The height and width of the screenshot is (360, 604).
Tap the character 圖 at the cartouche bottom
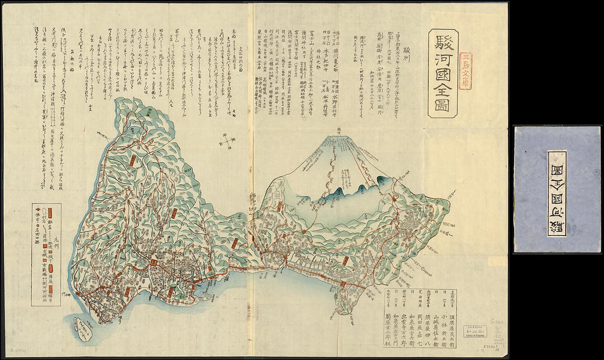443,104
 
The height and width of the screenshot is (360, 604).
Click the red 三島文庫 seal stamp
466,71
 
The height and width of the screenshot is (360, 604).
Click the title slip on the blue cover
557,193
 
